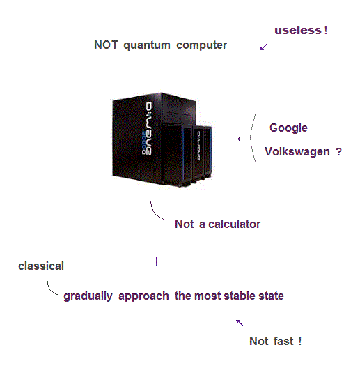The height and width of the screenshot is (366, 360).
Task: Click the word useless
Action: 298,31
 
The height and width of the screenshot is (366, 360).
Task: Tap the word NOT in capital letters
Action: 106,45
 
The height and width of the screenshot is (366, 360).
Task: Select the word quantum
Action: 147,45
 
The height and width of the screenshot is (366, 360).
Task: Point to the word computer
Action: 201,45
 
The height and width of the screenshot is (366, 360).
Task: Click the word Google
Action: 288,128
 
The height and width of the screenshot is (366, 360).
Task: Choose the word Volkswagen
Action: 297,152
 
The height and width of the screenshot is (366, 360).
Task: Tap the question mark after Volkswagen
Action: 339,152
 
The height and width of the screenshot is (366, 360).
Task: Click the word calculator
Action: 234,224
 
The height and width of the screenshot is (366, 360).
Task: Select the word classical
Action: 41,266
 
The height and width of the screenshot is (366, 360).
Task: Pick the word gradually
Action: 88,296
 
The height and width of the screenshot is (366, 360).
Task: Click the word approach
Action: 143,296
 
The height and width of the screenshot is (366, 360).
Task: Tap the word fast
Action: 283,341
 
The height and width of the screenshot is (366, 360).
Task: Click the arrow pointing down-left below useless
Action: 264,47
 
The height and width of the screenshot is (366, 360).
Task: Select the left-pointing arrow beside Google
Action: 242,139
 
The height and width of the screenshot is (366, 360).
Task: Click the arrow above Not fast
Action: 240,323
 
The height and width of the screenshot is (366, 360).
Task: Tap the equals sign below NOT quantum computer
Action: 153,68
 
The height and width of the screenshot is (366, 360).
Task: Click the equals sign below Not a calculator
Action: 157,261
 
